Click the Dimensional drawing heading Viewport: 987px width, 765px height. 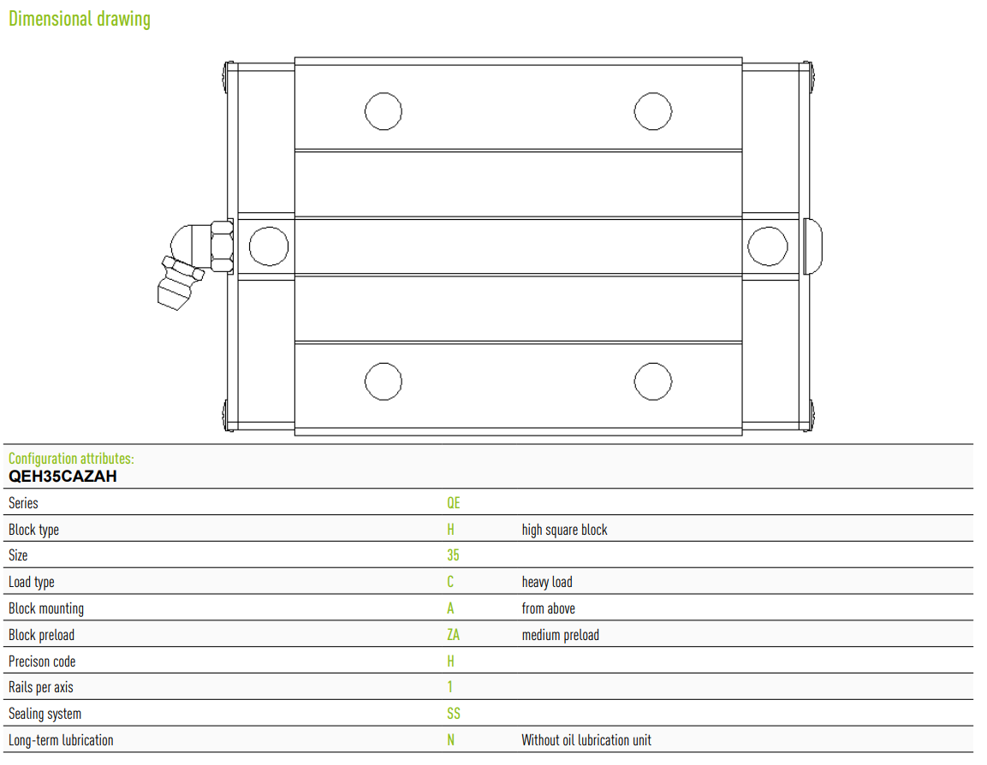pos(80,19)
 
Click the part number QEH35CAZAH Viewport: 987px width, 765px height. pos(62,477)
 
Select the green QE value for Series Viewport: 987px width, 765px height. pos(453,502)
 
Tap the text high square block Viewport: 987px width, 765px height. pos(564,530)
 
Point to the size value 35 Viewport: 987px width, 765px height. pos(453,555)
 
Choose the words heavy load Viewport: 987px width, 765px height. pos(547,582)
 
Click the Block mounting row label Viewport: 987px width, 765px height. pos(46,608)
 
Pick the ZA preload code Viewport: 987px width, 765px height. pos(453,635)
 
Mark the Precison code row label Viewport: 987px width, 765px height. pos(42,661)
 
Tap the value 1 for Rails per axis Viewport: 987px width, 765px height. pos(449,687)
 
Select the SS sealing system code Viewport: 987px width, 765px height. pos(453,714)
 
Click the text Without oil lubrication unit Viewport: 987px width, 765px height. pos(586,740)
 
